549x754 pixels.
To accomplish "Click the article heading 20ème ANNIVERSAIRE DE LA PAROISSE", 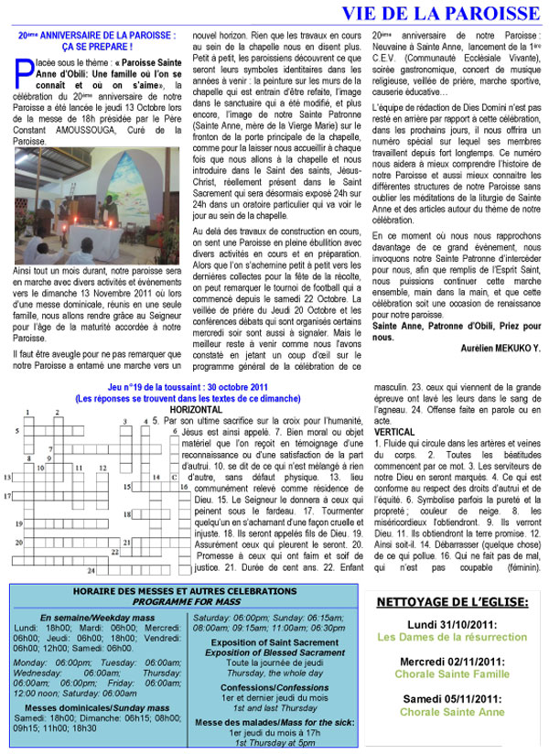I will tap(98, 34).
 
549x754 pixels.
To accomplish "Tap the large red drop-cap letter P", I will tap(20, 67).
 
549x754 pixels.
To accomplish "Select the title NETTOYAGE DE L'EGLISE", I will tap(453, 603).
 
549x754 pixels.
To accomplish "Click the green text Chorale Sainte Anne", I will tap(453, 712).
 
